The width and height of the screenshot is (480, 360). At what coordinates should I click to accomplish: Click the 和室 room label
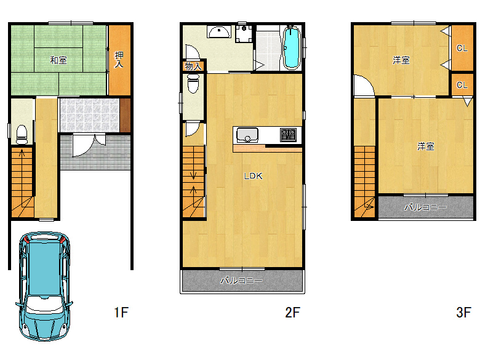point(58,60)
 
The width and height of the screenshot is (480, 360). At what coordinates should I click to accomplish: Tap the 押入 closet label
point(119,60)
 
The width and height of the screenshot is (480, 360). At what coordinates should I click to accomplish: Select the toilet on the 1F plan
point(22,134)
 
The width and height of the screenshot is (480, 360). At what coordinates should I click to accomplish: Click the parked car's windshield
point(45,302)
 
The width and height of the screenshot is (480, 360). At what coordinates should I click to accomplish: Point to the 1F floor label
point(121,313)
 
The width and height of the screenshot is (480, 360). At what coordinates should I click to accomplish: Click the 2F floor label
point(292,313)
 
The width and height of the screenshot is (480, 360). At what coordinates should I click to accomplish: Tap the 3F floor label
point(463,313)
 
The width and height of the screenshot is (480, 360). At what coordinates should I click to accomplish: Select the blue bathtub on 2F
point(291,47)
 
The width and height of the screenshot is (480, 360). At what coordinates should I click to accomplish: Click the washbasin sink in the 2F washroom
point(218,32)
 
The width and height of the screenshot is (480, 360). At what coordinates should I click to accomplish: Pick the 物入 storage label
point(193,66)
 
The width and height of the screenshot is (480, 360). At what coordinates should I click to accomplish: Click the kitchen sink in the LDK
point(247,135)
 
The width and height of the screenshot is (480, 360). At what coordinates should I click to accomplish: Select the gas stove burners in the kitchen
point(289,135)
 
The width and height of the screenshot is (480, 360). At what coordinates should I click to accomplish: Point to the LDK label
point(253,176)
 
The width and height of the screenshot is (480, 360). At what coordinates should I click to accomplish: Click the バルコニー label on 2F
point(241,281)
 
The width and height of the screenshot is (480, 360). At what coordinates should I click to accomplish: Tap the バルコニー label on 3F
point(425,207)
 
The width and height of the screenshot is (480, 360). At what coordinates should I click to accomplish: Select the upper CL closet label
point(462,48)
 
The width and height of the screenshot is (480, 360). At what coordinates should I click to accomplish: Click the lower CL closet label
point(462,85)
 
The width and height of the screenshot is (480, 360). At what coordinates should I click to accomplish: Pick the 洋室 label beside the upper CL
point(401,60)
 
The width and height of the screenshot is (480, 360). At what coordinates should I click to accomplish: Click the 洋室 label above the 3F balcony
point(425,146)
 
